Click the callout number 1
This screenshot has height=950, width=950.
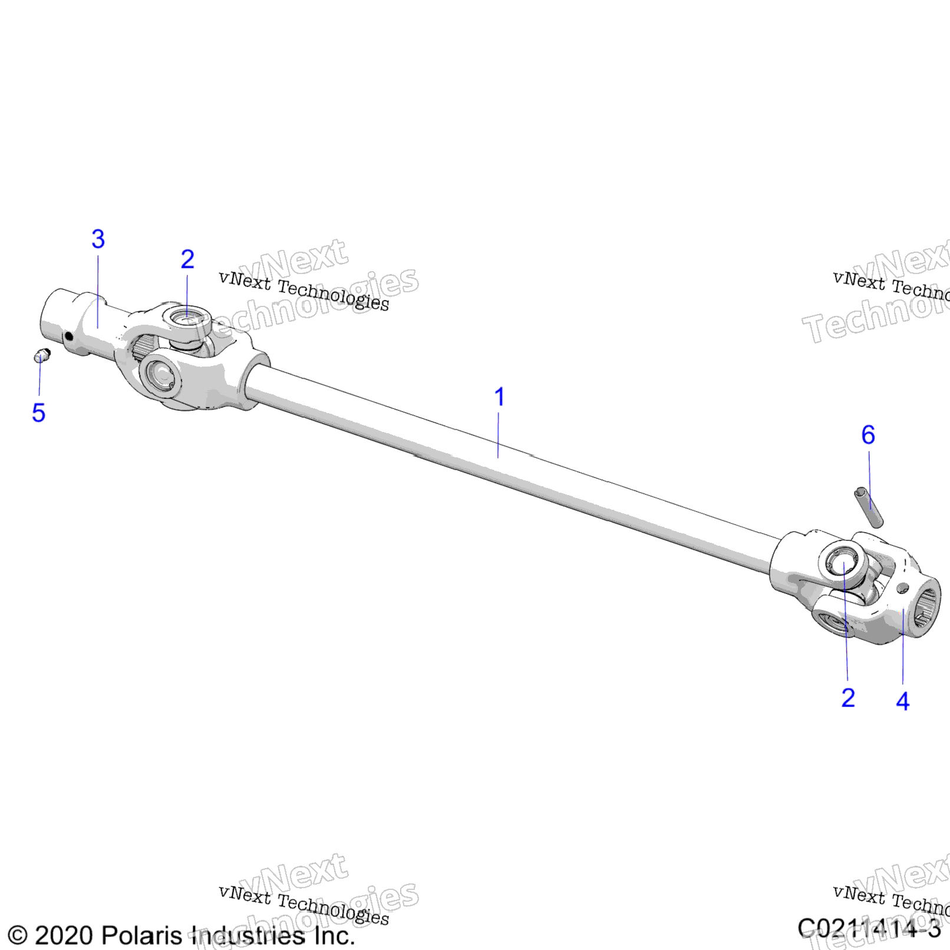click(500, 397)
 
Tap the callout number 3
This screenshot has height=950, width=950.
click(98, 239)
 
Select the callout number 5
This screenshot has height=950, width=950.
click(39, 413)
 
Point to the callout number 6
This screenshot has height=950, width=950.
click(868, 435)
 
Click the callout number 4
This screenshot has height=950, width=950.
click(902, 701)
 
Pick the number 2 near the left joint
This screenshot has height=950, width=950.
click(187, 259)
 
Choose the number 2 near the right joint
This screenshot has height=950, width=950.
click(848, 698)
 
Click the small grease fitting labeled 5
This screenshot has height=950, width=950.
click(42, 355)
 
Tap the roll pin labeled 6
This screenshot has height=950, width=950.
click(869, 506)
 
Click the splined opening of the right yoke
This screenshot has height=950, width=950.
click(925, 611)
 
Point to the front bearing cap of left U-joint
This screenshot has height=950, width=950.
click(160, 374)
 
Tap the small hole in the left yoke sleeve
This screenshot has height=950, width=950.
click(69, 337)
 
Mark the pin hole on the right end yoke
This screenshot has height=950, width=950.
click(902, 588)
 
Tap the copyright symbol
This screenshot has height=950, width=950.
click(18, 935)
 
